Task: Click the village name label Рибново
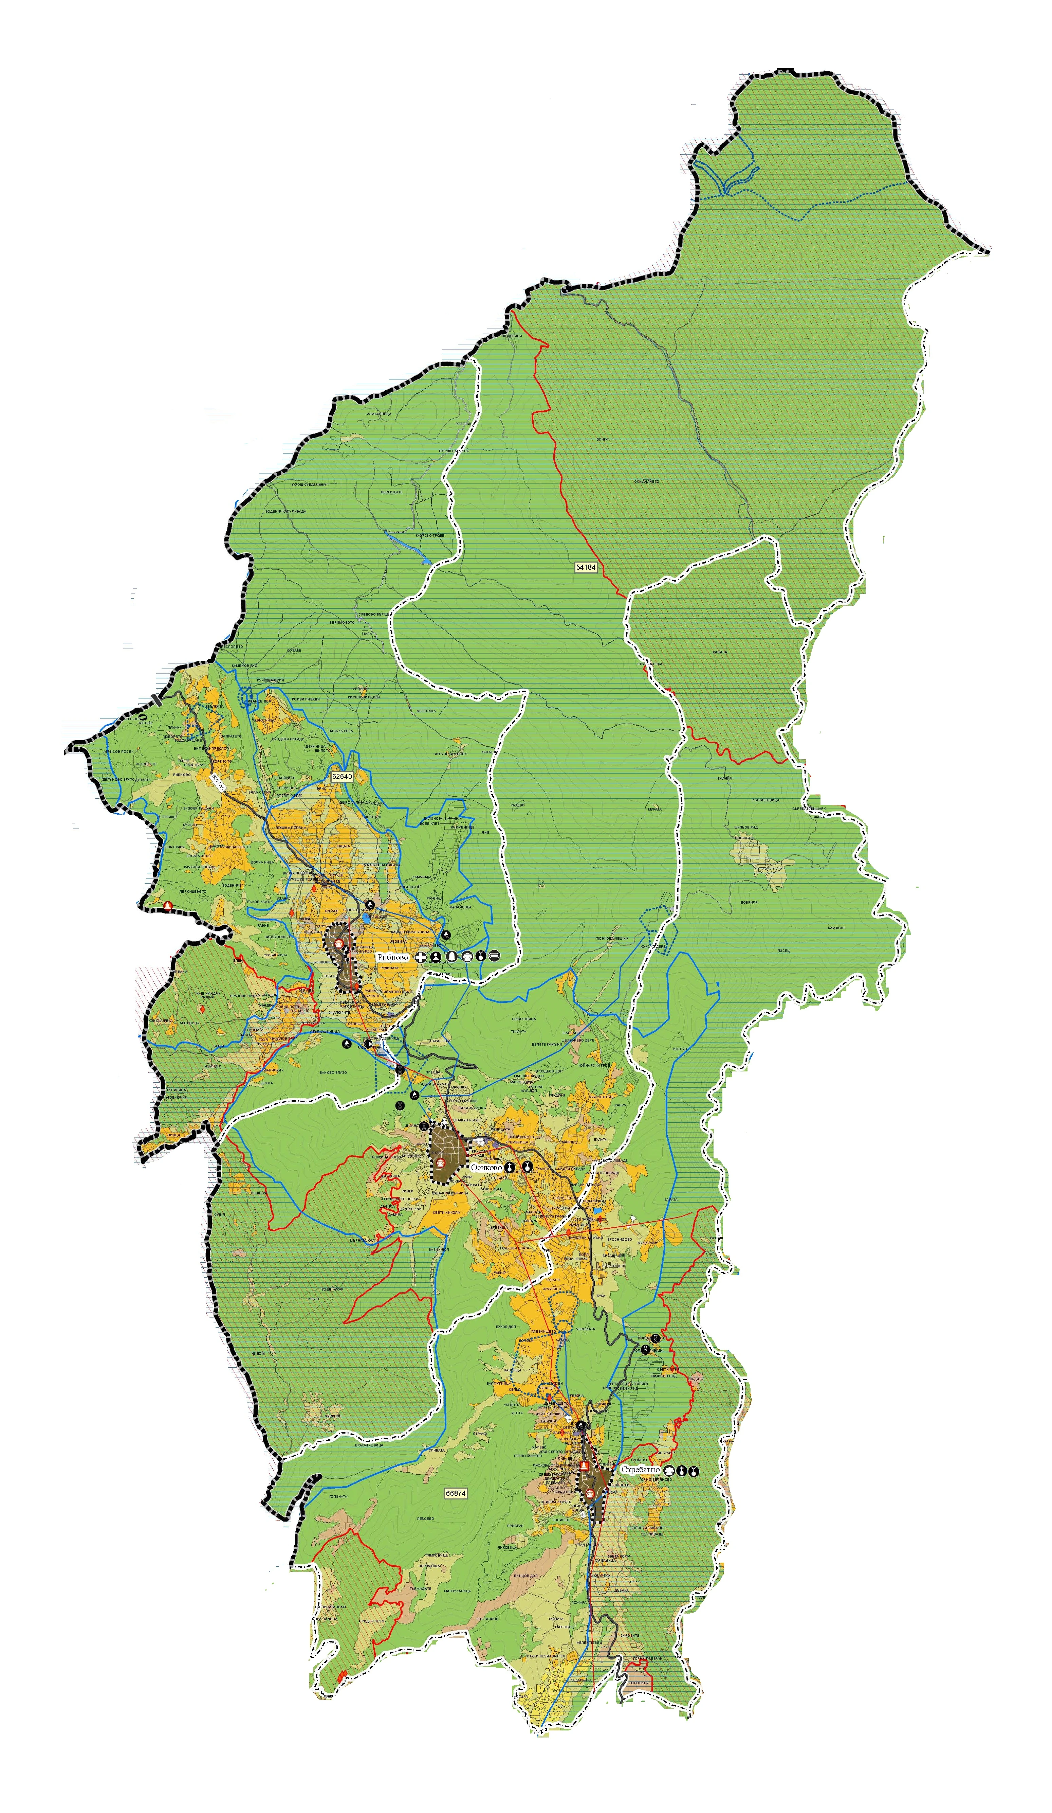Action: (x=393, y=958)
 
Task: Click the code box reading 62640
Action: (x=342, y=777)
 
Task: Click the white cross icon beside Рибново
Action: (x=421, y=958)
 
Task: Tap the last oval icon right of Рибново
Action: (x=493, y=956)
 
